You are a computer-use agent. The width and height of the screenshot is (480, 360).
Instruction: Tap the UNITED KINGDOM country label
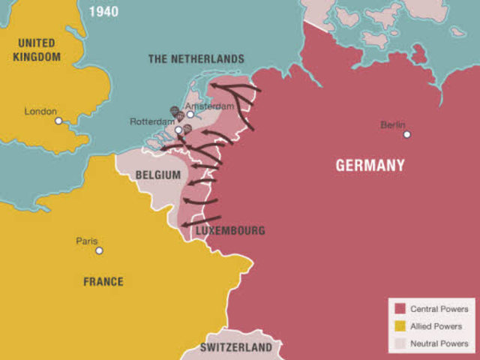pyautogui.click(x=37, y=49)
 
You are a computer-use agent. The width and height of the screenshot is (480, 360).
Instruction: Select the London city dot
pyautogui.click(x=58, y=121)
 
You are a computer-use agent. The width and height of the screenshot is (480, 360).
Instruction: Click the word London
pyautogui.click(x=40, y=111)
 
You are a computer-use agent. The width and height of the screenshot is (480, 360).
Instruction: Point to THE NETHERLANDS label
pyautogui.click(x=196, y=58)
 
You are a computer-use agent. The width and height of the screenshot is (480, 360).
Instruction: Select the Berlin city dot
pyautogui.click(x=407, y=134)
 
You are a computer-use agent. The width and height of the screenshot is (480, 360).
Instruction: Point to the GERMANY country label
pyautogui.click(x=370, y=165)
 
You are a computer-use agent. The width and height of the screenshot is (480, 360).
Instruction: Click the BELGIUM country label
pyautogui.click(x=158, y=175)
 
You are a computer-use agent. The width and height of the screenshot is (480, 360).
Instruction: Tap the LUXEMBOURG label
pyautogui.click(x=230, y=231)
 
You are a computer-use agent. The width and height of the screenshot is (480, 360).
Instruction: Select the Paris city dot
pyautogui.click(x=99, y=250)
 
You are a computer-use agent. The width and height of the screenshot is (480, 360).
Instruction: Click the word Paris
pyautogui.click(x=87, y=241)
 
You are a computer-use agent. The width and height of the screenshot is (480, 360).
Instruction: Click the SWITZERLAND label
pyautogui.click(x=236, y=348)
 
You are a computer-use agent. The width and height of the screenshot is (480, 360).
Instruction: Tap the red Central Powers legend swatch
pyautogui.click(x=400, y=309)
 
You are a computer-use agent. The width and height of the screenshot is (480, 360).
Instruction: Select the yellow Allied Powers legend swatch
pyautogui.click(x=400, y=326)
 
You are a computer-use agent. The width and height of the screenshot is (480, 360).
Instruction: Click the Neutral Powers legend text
pyautogui.click(x=439, y=344)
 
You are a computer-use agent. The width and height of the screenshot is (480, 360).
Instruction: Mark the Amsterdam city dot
pyautogui.click(x=190, y=115)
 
